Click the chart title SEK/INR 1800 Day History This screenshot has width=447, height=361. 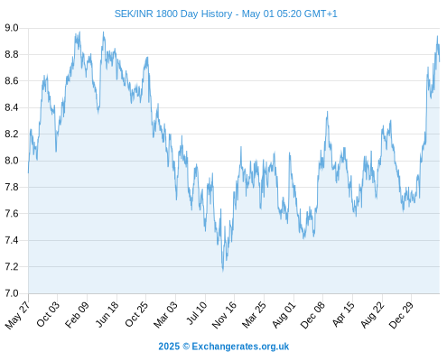pyautogui.click(x=173, y=14)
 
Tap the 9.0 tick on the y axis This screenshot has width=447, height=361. pyautogui.click(x=12, y=28)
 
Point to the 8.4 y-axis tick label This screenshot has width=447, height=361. pyautogui.click(x=12, y=107)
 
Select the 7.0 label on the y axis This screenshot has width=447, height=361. pyautogui.click(x=12, y=293)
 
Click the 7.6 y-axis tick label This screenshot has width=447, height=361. pyautogui.click(x=12, y=214)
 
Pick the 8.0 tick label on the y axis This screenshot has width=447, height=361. pyautogui.click(x=12, y=161)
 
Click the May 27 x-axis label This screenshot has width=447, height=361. pyautogui.click(x=17, y=315)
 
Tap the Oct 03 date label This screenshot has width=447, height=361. pyautogui.click(x=48, y=314)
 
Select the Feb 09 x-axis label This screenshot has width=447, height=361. pyautogui.click(x=77, y=315)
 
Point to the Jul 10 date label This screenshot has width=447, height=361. pyautogui.click(x=197, y=313)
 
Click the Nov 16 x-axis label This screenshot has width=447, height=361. pyautogui.click(x=224, y=315)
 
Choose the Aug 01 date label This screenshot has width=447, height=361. pyautogui.click(x=284, y=315)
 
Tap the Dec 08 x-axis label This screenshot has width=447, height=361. pyautogui.click(x=312, y=315)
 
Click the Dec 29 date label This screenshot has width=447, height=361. pyautogui.click(x=401, y=315)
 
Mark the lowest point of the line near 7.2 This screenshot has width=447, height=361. pyautogui.click(x=223, y=271)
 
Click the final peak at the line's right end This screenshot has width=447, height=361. pyautogui.click(x=437, y=36)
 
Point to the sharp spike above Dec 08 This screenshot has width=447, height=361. pyautogui.click(x=327, y=112)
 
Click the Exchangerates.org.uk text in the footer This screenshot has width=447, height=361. pyautogui.click(x=240, y=347)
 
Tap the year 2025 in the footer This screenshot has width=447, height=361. pyautogui.click(x=169, y=347)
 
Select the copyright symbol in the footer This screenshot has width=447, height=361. pyautogui.click(x=186, y=347)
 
